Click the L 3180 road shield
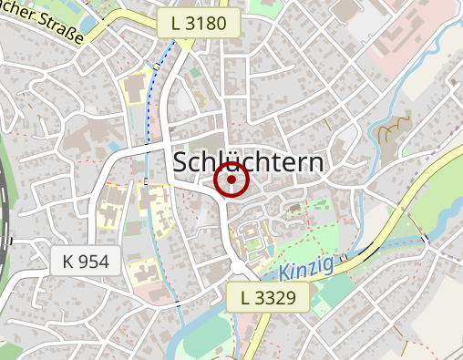pos(197,24)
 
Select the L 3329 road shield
pos(268,297)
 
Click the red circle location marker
pos(231,180)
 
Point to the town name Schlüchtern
pos(248,162)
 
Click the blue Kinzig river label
pos(307,269)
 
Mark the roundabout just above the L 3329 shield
pos(240,267)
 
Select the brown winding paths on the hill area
pos(393,133)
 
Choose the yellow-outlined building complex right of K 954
pos(144,271)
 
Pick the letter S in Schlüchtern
pos(180,162)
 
